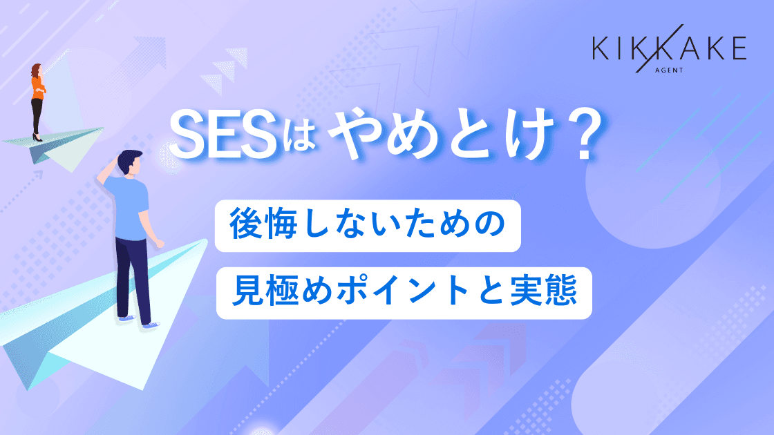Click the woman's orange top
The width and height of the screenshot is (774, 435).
coord(37,86)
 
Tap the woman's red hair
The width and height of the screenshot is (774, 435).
coord(35,70)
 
